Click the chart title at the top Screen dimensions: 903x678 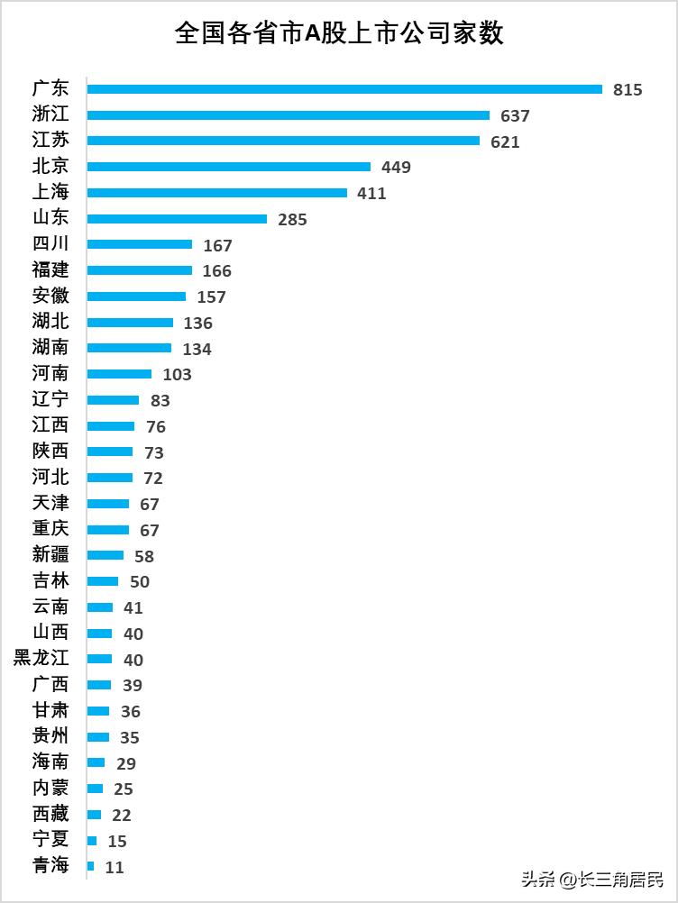[x=339, y=34]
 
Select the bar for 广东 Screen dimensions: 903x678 [x=344, y=89]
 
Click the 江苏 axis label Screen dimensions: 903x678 [x=50, y=141]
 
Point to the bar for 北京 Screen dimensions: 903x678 [x=229, y=167]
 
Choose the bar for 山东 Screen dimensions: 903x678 [x=178, y=219]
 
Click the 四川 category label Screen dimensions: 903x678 [x=50, y=244]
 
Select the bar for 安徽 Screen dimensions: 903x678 [x=137, y=296]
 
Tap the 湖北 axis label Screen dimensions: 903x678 [x=50, y=322]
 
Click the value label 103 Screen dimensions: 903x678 [x=178, y=375]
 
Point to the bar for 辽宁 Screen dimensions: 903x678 [x=114, y=400]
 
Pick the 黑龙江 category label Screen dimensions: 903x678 [x=41, y=659]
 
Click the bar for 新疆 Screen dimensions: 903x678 [x=105, y=555]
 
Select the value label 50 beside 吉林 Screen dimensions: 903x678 [x=140, y=582]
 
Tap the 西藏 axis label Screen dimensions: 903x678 [x=50, y=814]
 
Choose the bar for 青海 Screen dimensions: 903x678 [x=91, y=866]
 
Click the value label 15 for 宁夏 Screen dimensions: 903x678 [x=117, y=842]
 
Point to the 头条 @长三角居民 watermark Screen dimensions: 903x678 [x=592, y=878]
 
